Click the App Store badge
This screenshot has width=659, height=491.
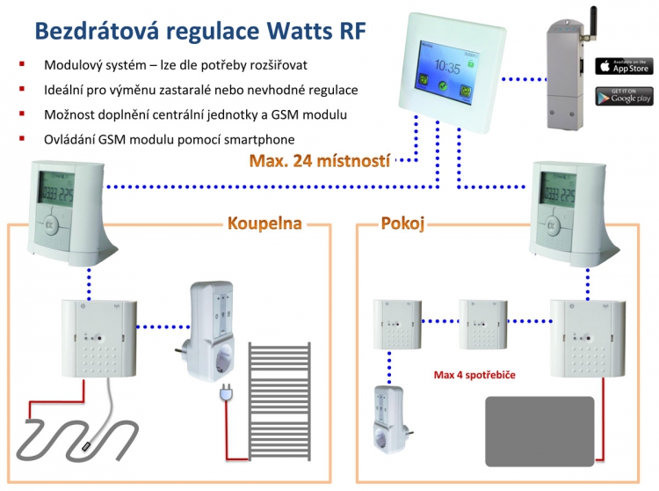[x=624, y=66]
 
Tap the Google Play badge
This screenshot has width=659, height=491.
[x=624, y=96]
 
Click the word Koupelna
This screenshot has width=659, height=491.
[x=264, y=224]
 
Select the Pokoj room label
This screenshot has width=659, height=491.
[x=402, y=224]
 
